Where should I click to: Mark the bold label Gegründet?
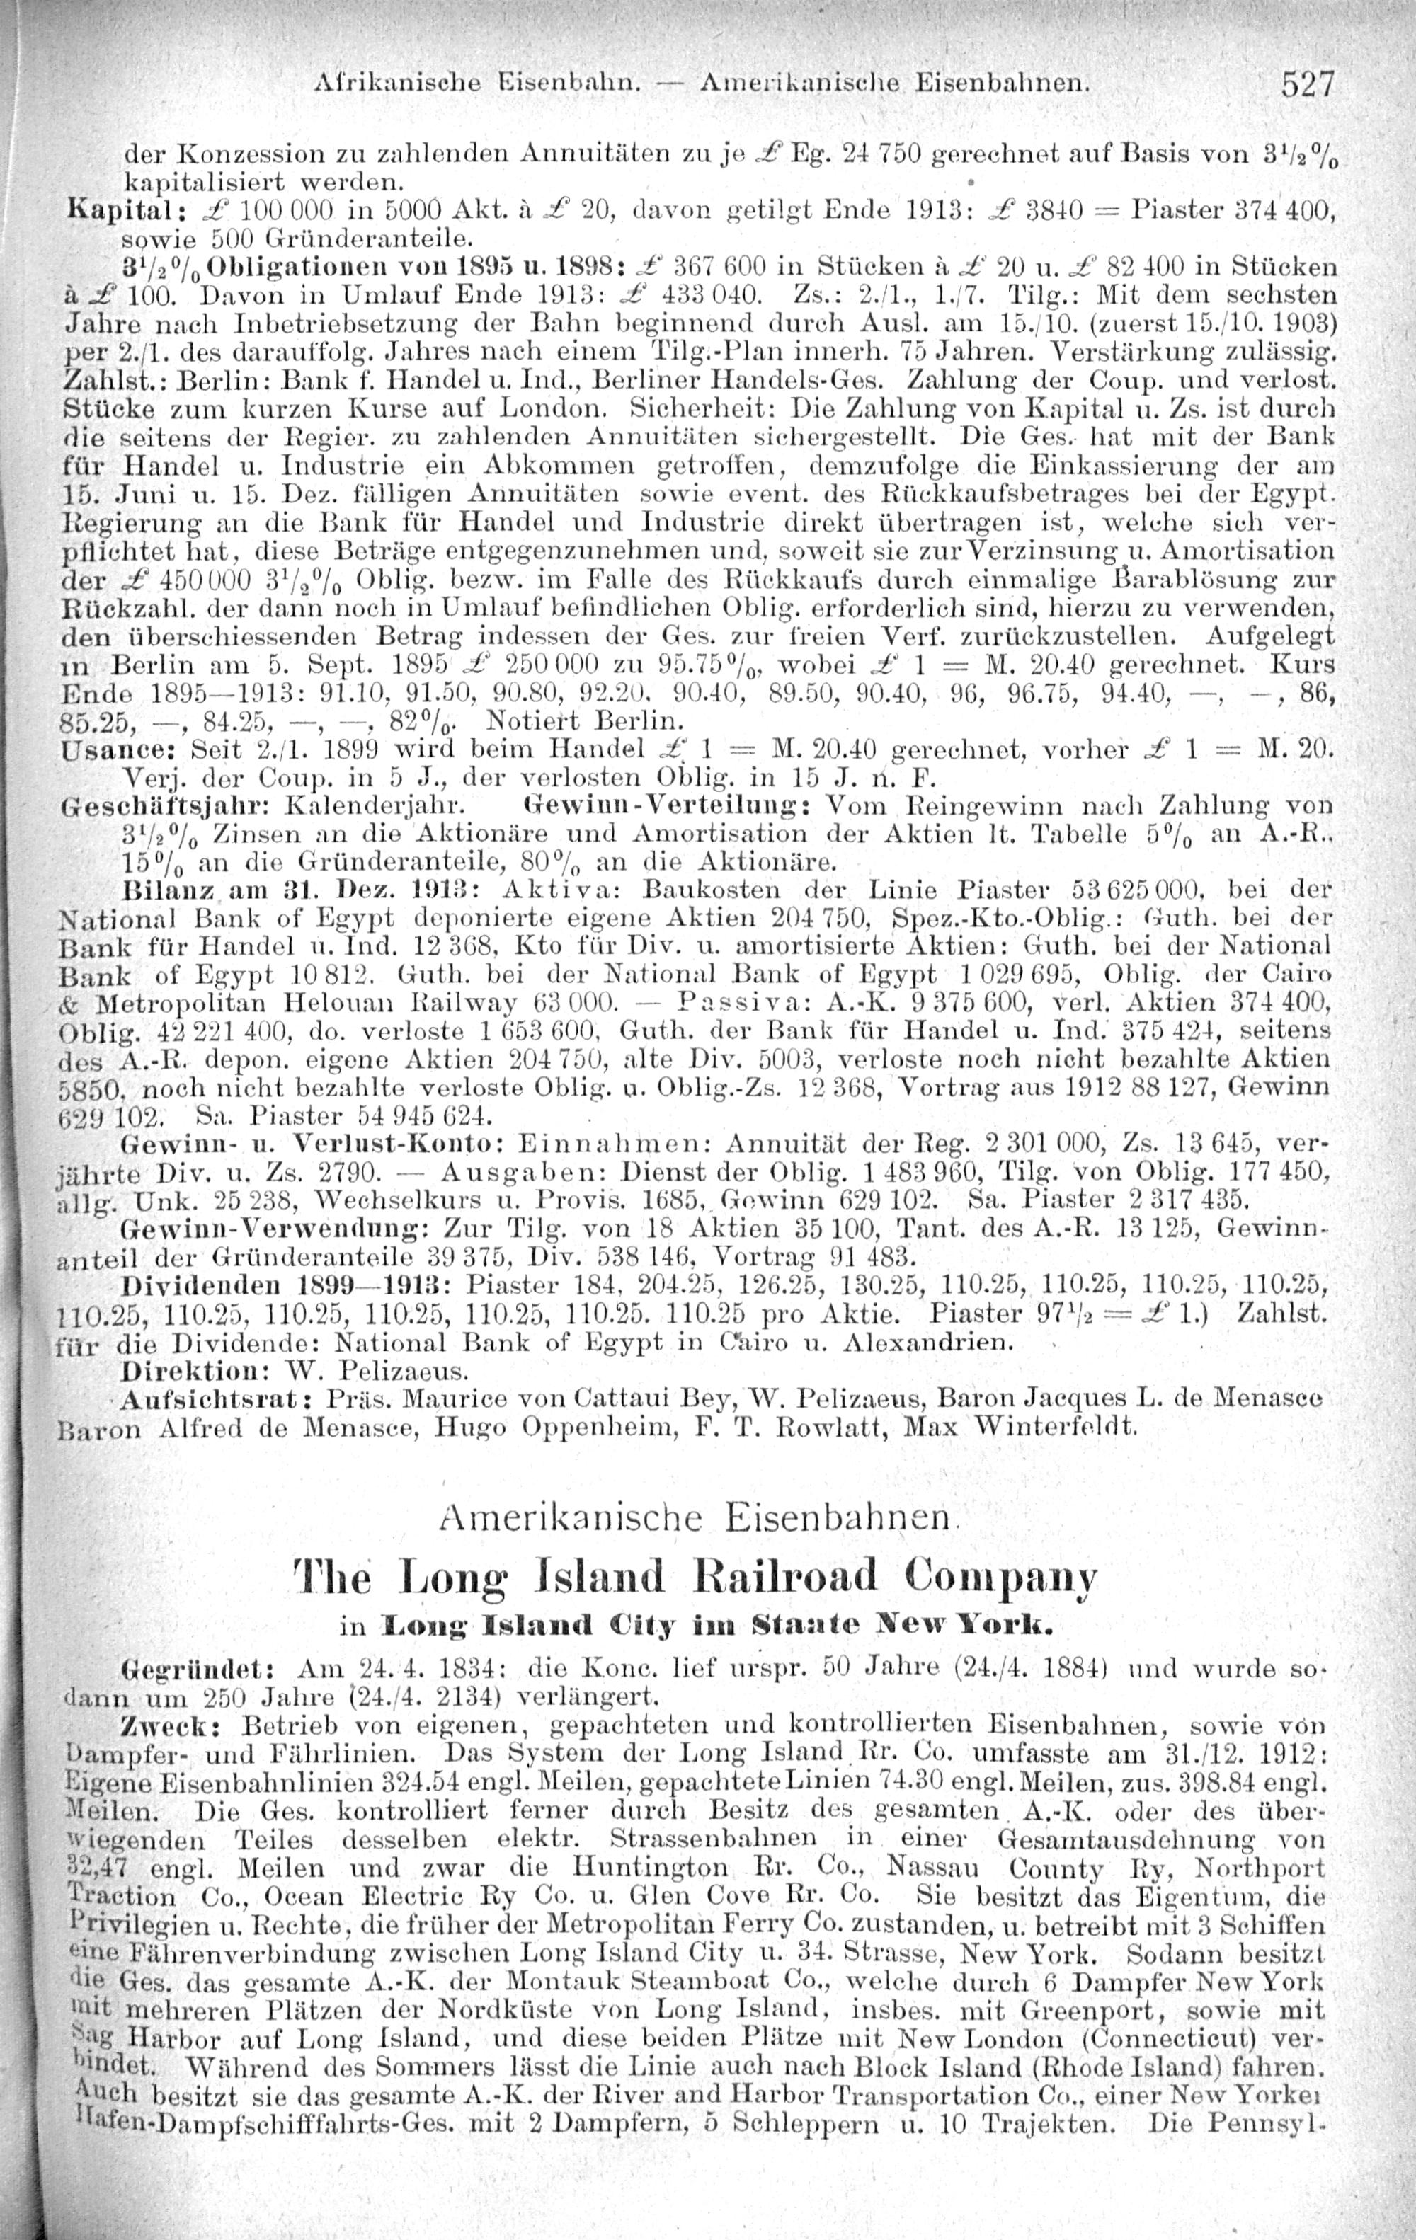click(196, 1666)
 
